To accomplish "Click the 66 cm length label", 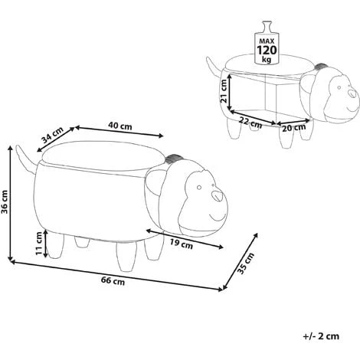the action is tap(113, 281).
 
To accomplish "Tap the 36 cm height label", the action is tap(5, 201).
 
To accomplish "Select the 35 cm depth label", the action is tap(246, 263).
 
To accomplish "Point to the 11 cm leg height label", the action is tap(39, 244).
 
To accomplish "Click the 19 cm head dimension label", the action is tap(182, 244).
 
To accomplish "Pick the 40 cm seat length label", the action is tap(120, 126).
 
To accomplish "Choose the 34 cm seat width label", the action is tap(53, 135).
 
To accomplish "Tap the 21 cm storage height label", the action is tap(224, 91).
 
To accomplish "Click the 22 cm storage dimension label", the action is tap(250, 123).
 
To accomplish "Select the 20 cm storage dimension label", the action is tap(293, 127).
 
